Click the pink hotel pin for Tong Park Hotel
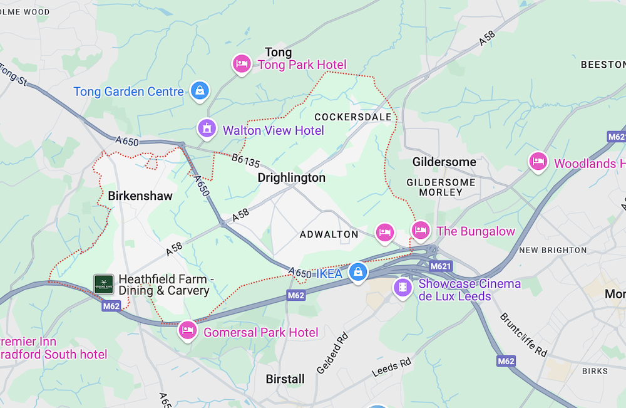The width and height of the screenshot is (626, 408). pos(242,64)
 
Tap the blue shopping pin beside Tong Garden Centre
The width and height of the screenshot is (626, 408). pos(199,90)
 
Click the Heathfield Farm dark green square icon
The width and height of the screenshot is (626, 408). pos(103,284)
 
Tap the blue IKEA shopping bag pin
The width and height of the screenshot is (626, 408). pos(357,272)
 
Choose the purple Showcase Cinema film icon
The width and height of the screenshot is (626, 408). pos(402,287)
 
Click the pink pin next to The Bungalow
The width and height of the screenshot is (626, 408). pos(421,230)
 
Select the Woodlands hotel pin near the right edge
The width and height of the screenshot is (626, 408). pos(538,162)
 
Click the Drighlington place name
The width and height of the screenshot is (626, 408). pos(292,178)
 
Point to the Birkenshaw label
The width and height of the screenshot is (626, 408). pos(140,196)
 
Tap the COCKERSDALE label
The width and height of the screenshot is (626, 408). pos(353,117)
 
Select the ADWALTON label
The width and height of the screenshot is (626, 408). pos(329,234)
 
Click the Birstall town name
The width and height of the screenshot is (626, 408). pos(285,379)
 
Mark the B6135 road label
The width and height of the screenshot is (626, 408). pos(245,161)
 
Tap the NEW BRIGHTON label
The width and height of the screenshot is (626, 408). pos(553,250)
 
